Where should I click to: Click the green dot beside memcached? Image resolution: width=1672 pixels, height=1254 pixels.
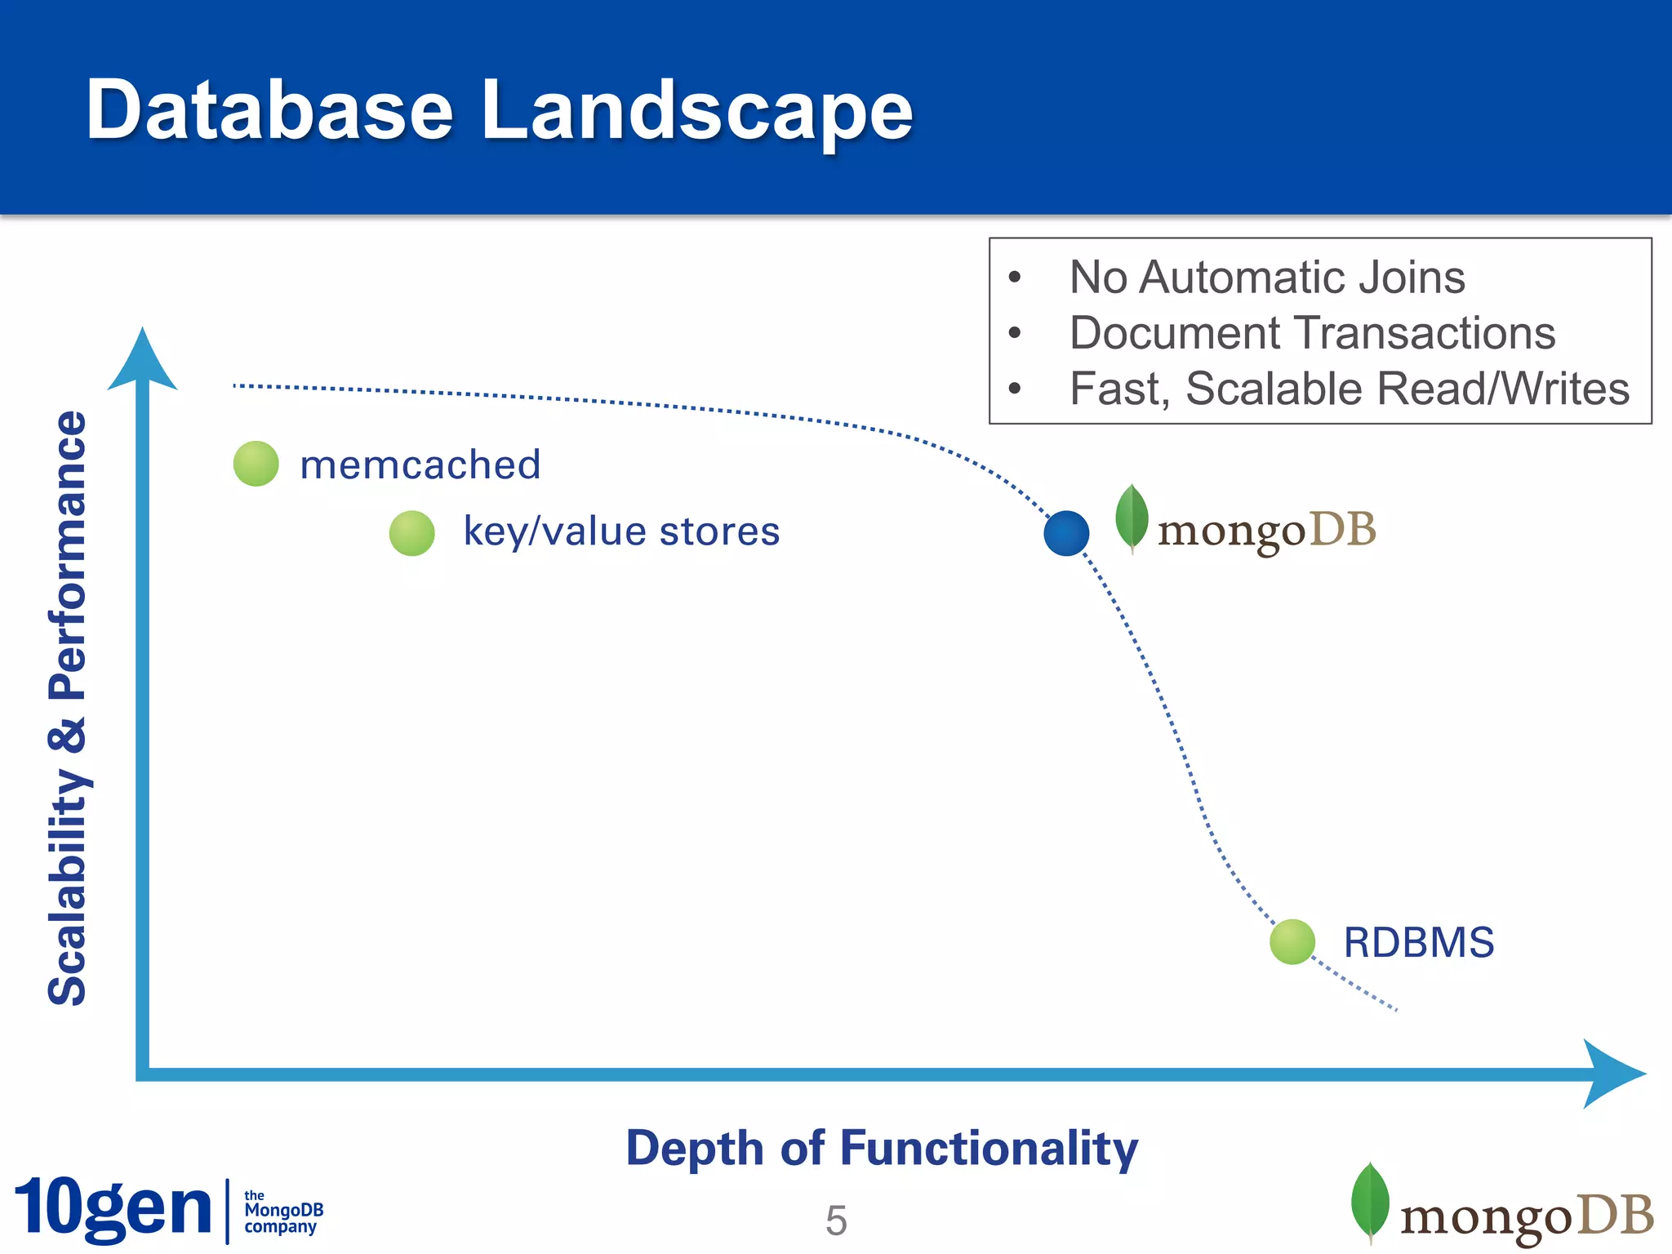(256, 464)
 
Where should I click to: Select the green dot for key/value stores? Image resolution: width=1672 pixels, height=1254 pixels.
(411, 533)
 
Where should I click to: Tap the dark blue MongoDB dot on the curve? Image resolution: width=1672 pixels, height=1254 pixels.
(1066, 533)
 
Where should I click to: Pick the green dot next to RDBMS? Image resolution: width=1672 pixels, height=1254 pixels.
(1292, 941)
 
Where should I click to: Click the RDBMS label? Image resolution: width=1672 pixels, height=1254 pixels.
(1418, 942)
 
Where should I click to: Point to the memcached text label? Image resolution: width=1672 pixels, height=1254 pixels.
(420, 465)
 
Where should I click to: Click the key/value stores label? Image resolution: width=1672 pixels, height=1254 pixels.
(621, 531)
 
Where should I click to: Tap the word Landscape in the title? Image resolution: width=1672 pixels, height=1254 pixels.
(696, 110)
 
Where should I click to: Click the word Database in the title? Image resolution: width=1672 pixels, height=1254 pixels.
(269, 110)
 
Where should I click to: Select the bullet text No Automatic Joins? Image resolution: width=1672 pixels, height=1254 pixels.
(1266, 278)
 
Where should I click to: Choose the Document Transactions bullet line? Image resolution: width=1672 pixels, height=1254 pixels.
(1312, 333)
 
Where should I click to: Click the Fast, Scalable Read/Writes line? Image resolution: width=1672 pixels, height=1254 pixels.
(1349, 389)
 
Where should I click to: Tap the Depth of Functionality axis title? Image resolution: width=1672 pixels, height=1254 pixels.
(882, 1148)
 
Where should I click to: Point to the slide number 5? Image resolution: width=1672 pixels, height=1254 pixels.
(836, 1221)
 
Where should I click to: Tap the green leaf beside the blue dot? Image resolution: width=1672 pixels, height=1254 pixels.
(1132, 518)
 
